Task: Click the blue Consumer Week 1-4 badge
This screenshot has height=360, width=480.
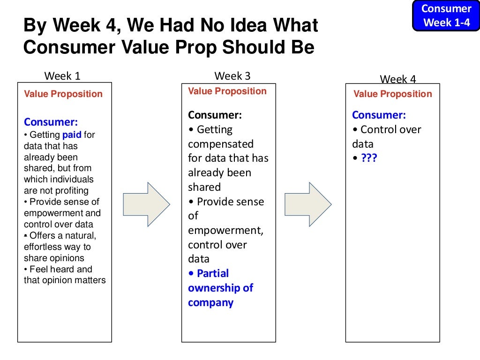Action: click(x=446, y=15)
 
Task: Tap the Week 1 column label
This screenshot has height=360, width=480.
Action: click(x=62, y=76)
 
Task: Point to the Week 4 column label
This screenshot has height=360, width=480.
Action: click(x=397, y=79)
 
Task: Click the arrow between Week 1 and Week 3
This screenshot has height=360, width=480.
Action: click(x=146, y=204)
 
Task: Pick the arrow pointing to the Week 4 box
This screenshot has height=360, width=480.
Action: click(x=308, y=204)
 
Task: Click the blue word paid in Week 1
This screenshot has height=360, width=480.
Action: click(x=72, y=135)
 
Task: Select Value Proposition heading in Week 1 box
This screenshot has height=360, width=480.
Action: click(x=63, y=94)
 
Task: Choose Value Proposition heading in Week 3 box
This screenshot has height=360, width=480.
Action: click(x=227, y=91)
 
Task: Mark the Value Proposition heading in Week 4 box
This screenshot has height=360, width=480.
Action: click(x=393, y=94)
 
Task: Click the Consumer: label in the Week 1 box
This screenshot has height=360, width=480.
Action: click(x=51, y=122)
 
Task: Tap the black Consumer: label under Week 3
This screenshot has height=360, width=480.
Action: click(x=215, y=115)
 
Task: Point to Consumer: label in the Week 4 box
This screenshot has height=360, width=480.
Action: click(x=379, y=115)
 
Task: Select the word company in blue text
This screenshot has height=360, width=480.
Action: click(x=210, y=302)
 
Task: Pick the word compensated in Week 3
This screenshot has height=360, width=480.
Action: click(x=220, y=144)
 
